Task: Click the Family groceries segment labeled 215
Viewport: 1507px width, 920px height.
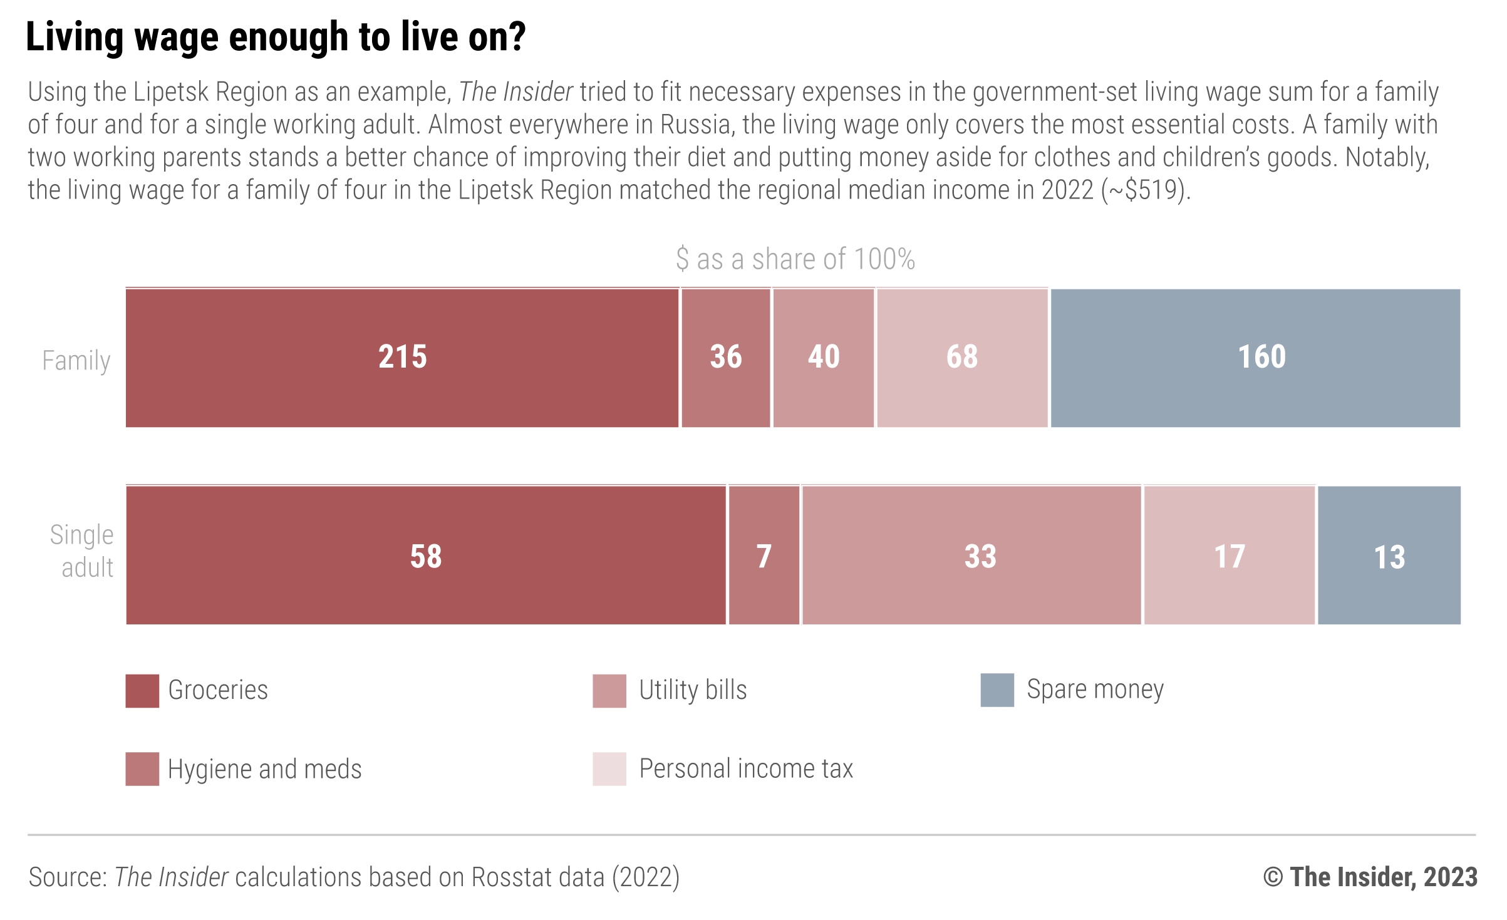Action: click(402, 358)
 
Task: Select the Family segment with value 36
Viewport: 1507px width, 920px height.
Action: click(725, 358)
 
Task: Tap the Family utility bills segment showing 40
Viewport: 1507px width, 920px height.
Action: click(823, 358)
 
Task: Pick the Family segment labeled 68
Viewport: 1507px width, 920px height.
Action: click(962, 358)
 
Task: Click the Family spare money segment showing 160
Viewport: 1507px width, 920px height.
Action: click(1255, 358)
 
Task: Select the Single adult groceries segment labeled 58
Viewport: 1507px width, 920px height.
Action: click(426, 556)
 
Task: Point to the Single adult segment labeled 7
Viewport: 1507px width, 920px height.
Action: click(764, 556)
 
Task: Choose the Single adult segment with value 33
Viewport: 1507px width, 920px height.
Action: click(971, 556)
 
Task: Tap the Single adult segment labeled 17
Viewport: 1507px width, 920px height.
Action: click(1229, 556)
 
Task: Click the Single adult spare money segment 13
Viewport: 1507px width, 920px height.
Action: click(1389, 556)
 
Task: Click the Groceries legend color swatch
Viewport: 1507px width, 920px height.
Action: click(142, 691)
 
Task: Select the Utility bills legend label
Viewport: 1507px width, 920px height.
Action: click(693, 690)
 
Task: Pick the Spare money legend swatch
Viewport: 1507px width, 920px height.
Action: click(997, 690)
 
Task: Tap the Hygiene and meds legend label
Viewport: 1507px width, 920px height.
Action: click(264, 769)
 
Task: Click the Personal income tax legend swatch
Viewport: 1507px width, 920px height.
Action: click(609, 769)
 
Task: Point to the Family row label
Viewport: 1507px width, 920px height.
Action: click(76, 361)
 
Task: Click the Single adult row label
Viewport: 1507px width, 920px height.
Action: click(82, 551)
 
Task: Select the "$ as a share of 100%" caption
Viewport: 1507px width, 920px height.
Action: click(795, 259)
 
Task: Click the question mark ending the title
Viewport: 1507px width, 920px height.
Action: click(517, 37)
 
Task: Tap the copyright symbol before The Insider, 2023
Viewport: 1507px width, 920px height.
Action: click(1273, 877)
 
